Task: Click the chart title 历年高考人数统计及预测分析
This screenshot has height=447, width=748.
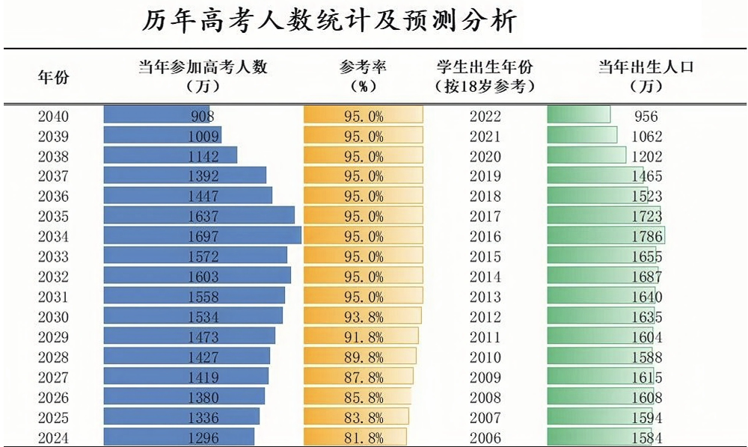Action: click(x=329, y=22)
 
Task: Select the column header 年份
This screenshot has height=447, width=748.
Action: click(x=54, y=76)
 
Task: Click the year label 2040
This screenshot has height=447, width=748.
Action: click(x=53, y=116)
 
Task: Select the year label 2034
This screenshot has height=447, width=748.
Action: click(x=53, y=237)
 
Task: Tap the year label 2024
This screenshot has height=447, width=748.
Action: click(x=53, y=438)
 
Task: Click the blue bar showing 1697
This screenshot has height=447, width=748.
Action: click(x=202, y=237)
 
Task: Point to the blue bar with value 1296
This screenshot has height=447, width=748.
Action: click(x=179, y=438)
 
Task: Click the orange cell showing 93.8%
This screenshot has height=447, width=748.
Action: click(x=363, y=317)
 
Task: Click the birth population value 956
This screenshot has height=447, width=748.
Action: click(x=646, y=116)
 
